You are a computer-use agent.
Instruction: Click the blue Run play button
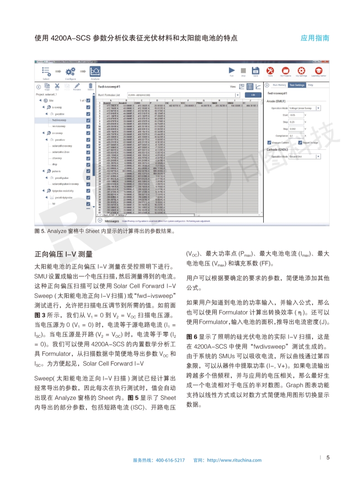point(232,70)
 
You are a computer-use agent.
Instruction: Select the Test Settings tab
point(297,85)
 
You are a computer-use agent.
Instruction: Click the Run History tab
point(280,85)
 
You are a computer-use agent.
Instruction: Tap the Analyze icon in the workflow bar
point(95,71)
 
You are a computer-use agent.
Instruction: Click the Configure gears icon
point(70,71)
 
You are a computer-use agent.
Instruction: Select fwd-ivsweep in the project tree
point(60,120)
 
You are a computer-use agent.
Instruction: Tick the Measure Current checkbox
point(269,143)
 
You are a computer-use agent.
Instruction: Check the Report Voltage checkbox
point(300,143)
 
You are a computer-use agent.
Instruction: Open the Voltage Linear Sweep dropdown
point(318,108)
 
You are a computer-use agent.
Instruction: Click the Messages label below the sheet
point(112,221)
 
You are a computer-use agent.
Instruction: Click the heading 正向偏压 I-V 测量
point(64,254)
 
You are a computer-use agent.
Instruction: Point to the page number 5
point(328,457)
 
